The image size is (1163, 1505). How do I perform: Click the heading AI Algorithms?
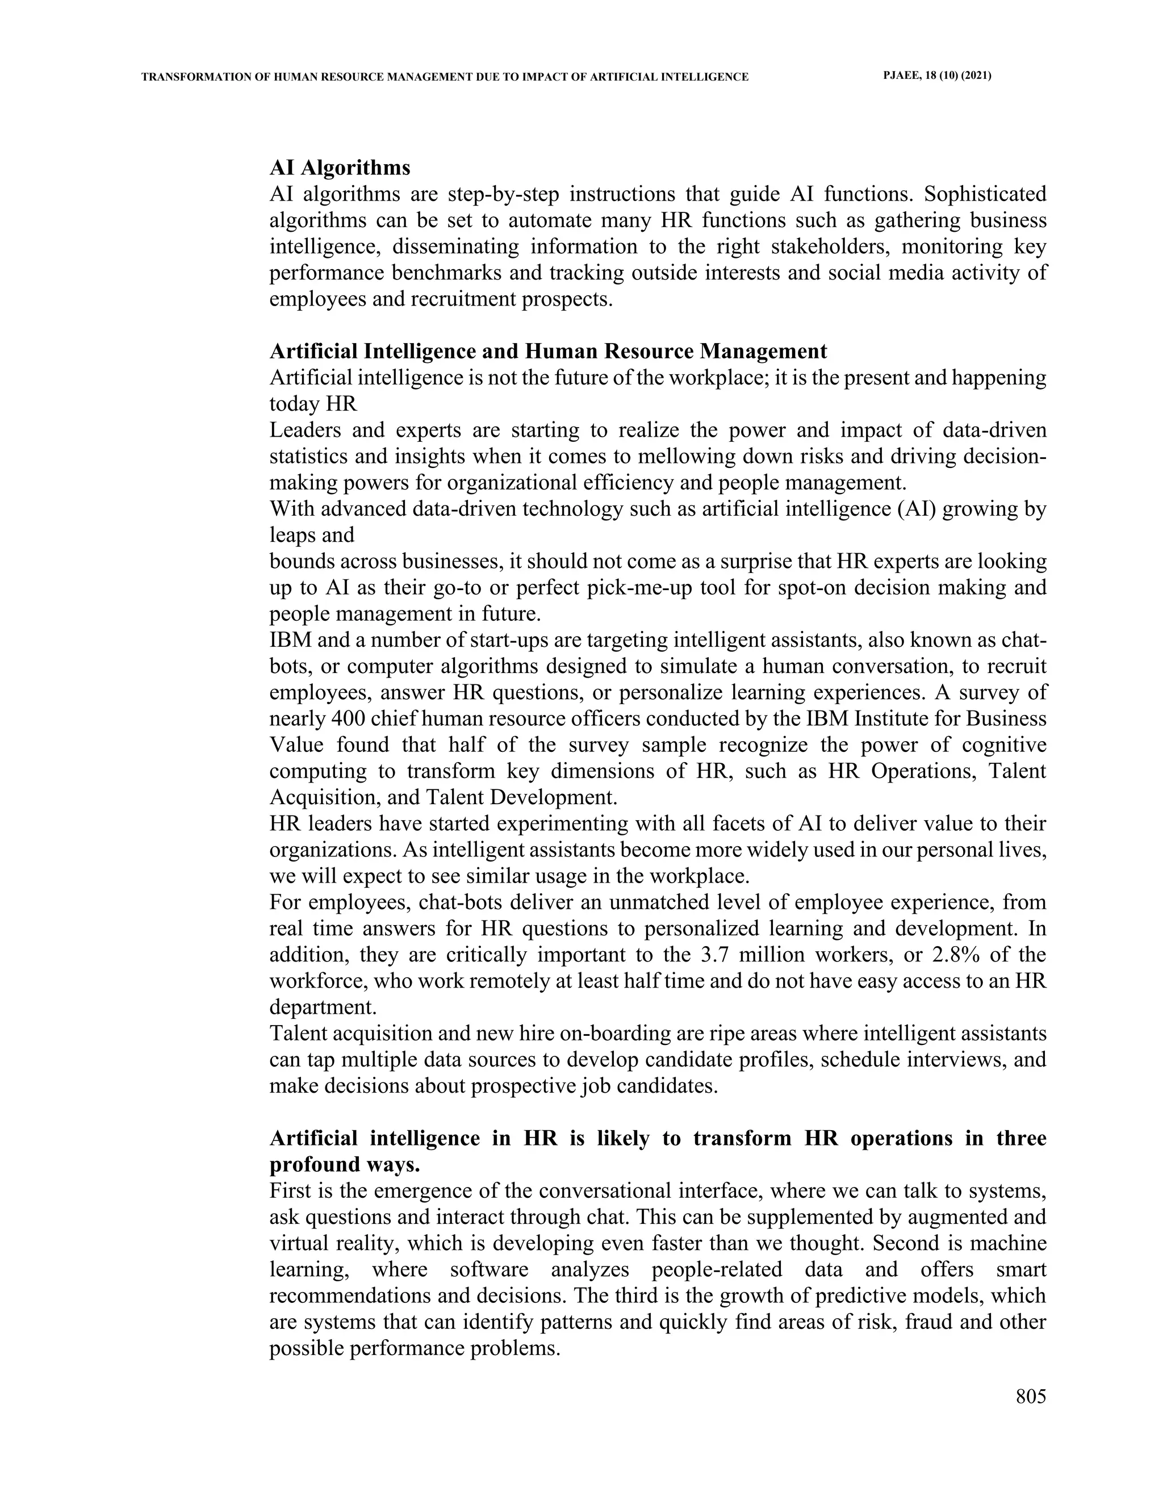pos(340,168)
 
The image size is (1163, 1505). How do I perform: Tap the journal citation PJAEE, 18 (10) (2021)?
pos(937,77)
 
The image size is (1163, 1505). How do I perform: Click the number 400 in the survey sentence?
pos(349,719)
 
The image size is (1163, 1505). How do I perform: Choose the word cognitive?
pos(1005,745)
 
